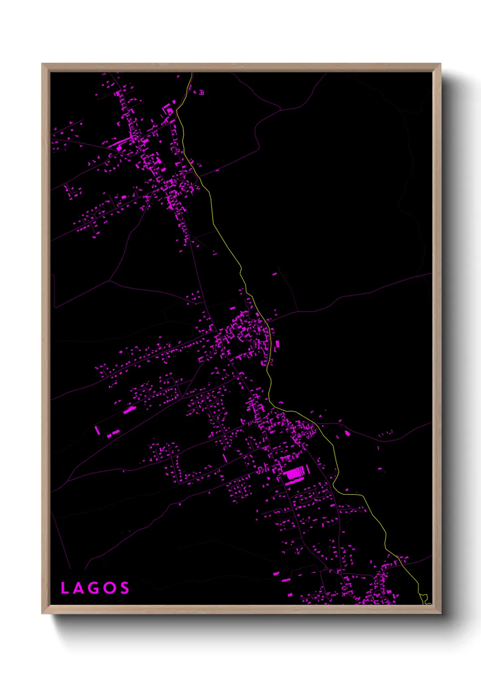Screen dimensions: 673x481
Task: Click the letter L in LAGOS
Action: click(x=64, y=588)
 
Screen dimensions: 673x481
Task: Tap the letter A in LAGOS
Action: click(x=78, y=588)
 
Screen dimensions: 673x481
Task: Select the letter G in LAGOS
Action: click(x=93, y=588)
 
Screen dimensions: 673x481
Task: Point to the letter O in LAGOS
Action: click(x=109, y=588)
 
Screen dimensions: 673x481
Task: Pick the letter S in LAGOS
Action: click(x=124, y=588)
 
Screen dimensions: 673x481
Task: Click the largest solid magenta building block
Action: click(x=294, y=473)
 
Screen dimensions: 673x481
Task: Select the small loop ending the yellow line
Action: click(x=425, y=598)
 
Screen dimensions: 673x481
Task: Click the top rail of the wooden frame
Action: click(x=241, y=67)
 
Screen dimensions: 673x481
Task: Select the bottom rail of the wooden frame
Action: click(x=241, y=609)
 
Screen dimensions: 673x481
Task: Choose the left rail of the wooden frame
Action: click(x=46, y=336)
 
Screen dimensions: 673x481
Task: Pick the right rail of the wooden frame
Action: click(x=436, y=336)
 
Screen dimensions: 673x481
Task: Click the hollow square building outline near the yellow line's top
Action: click(x=201, y=93)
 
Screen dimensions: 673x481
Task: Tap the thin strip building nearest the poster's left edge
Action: click(x=97, y=430)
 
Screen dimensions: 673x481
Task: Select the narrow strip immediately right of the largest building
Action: click(x=308, y=470)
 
